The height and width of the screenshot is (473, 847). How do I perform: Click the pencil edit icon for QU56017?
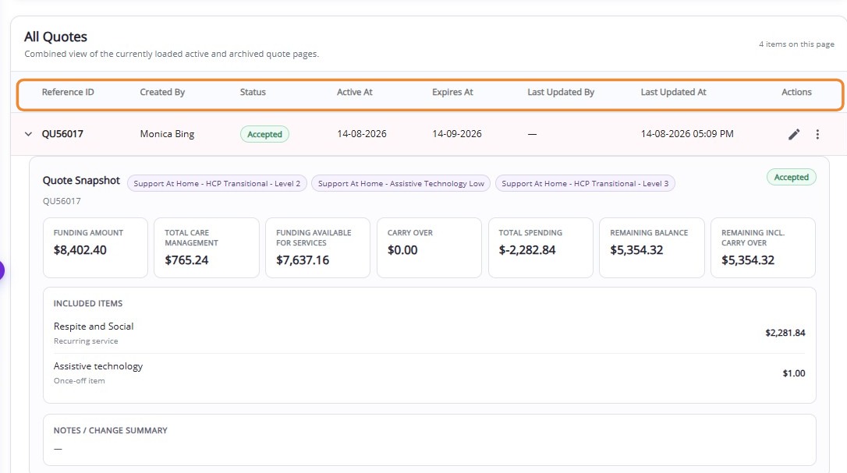pos(793,135)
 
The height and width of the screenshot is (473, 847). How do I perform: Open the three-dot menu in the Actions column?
pos(817,135)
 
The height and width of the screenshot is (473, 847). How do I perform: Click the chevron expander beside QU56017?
pos(28,134)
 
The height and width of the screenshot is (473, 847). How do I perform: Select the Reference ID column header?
pos(68,92)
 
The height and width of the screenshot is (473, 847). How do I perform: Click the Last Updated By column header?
pos(561,92)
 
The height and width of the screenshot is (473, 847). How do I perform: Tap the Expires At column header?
pos(452,92)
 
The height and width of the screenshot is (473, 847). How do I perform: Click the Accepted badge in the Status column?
pos(264,134)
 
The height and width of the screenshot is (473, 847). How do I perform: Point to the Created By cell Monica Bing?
pos(167,134)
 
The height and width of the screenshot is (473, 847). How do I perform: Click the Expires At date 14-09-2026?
pos(457,134)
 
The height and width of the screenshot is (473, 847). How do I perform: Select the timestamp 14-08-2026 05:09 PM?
pos(687,134)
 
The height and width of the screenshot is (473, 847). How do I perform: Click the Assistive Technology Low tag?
pos(401,184)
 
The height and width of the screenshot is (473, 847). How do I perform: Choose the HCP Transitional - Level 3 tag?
pos(585,184)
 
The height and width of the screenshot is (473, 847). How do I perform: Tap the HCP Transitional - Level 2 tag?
pos(217,184)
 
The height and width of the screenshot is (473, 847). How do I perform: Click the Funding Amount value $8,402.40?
pos(80,250)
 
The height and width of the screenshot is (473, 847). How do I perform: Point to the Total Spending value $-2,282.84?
pos(527,250)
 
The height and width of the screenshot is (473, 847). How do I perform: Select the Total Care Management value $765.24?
pos(186,260)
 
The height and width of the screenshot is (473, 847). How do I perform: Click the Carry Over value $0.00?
pos(402,250)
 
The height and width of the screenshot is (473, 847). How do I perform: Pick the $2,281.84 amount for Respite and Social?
pos(785,334)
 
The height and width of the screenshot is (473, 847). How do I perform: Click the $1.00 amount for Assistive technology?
pos(793,374)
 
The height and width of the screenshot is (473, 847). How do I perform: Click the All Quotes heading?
pos(55,37)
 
